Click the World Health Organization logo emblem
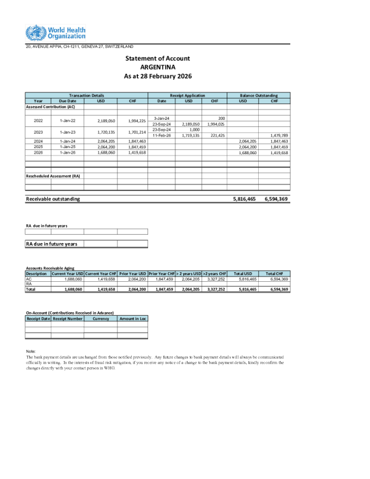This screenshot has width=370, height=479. (35, 33)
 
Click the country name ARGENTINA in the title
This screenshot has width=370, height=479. (157, 67)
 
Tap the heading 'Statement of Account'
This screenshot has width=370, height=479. (158, 58)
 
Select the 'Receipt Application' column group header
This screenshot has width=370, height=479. (187, 96)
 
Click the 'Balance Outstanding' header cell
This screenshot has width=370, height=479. (259, 96)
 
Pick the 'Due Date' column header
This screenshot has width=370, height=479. (67, 101)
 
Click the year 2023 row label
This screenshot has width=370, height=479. (38, 132)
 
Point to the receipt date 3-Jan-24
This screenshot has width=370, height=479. (161, 118)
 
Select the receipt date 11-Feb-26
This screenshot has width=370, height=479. (161, 135)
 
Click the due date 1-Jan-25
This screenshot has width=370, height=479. (67, 146)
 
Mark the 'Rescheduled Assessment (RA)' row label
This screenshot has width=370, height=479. (53, 176)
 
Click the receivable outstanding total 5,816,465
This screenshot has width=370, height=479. (244, 198)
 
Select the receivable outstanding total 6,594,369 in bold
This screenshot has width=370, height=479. (276, 198)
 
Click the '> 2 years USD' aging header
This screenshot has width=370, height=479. (189, 273)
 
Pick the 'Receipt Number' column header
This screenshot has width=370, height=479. (67, 318)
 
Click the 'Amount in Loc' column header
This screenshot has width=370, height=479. (132, 318)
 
